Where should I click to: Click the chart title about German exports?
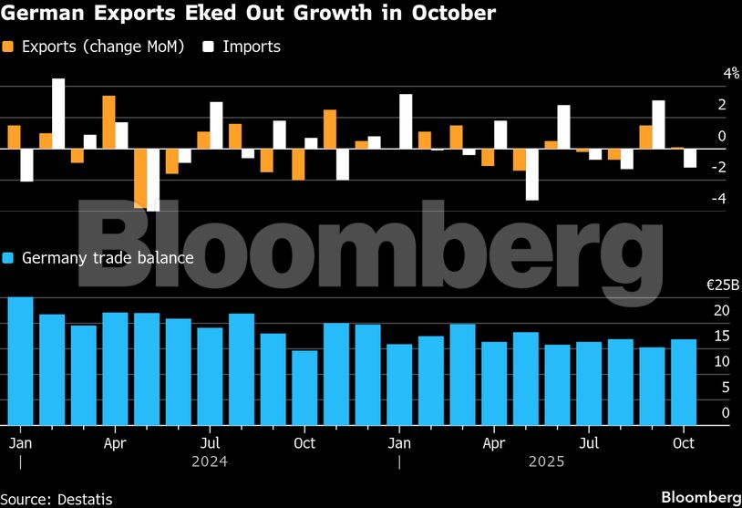248,14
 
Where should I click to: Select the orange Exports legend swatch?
9,46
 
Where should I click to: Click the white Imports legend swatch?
208,46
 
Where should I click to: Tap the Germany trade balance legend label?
107,258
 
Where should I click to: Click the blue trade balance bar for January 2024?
20,360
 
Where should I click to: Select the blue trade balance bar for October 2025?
684,381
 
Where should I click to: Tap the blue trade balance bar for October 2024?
304,387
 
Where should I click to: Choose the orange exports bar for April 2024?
108,121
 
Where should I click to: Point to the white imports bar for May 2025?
531,173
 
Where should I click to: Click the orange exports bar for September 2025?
645,137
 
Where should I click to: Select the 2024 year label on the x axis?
209,461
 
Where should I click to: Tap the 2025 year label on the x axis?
547,461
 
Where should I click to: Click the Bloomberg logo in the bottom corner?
700,497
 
